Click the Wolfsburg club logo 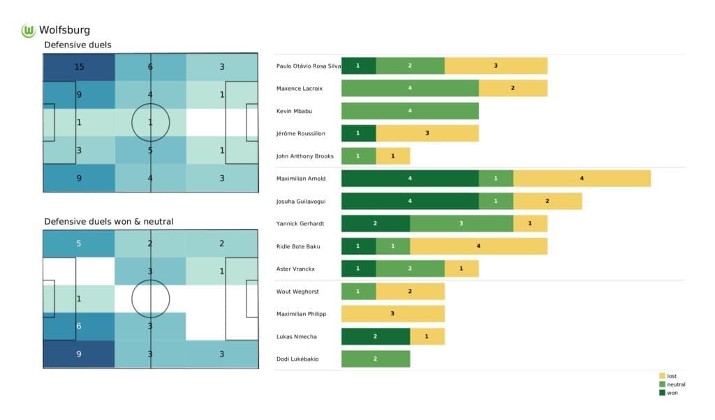[29, 30]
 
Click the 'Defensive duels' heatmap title [78, 45]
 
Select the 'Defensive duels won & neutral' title [109, 221]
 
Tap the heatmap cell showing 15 [79, 67]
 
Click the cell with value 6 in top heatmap [151, 67]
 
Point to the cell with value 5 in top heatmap [151, 149]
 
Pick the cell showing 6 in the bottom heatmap [79, 326]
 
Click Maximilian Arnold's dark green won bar [410, 179]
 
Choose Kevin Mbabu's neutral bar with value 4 [410, 111]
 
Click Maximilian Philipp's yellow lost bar [392, 314]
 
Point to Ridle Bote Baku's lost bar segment [478, 246]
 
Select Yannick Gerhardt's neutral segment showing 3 [462, 223]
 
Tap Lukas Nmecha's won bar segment [376, 336]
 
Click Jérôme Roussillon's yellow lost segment [427, 133]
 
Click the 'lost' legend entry [670, 376]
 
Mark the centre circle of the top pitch [151, 122]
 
